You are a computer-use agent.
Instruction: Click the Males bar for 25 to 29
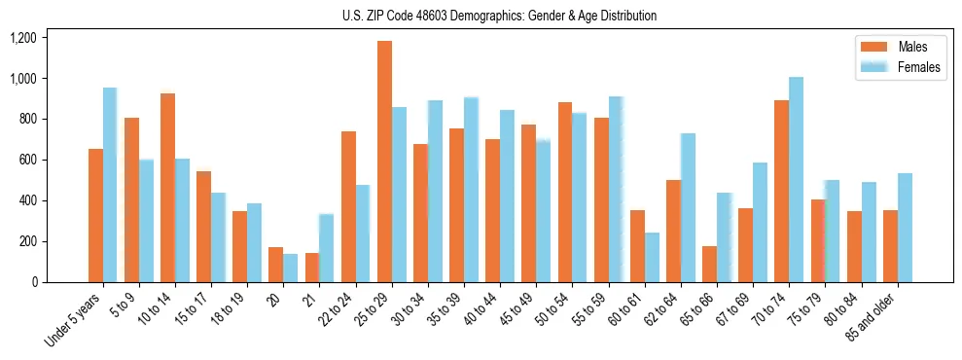tap(384, 162)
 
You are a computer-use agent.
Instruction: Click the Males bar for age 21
tap(312, 268)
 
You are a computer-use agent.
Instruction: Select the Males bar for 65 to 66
tap(709, 264)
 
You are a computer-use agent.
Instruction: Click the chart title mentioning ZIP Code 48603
tap(499, 16)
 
